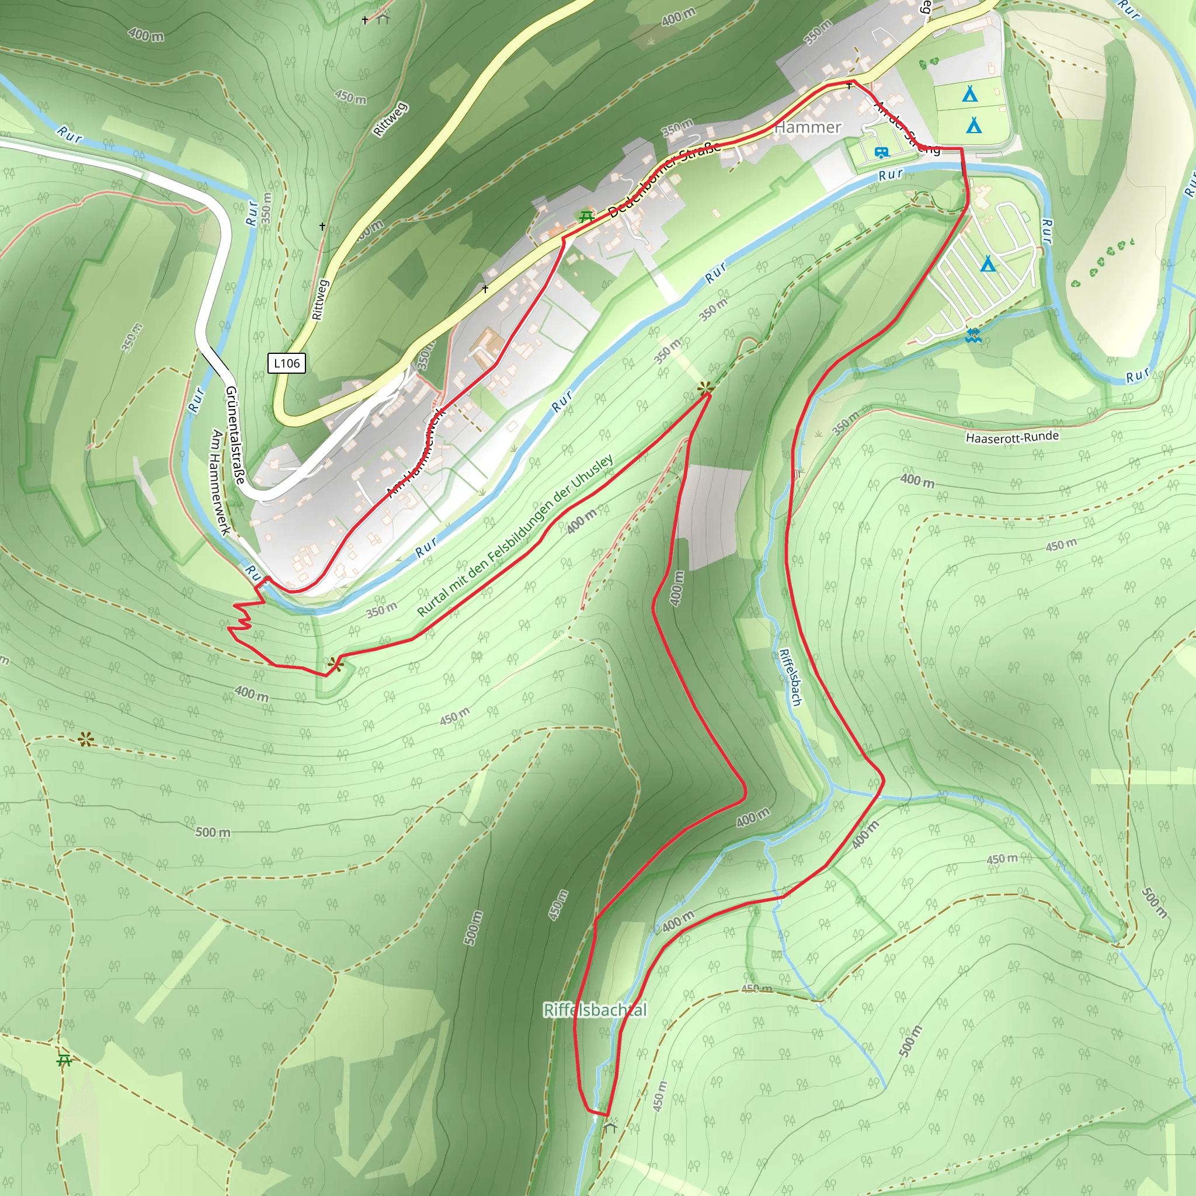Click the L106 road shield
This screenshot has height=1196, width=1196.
pyautogui.click(x=287, y=363)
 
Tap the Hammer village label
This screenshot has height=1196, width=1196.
pyautogui.click(x=808, y=127)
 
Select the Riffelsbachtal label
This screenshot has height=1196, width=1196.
pyautogui.click(x=595, y=1010)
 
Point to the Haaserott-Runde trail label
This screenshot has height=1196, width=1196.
pyautogui.click(x=1012, y=437)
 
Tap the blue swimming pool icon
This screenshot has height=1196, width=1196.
pyautogui.click(x=972, y=336)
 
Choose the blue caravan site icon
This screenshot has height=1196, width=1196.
pyautogui.click(x=881, y=152)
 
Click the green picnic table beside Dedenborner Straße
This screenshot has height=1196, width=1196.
pyautogui.click(x=586, y=218)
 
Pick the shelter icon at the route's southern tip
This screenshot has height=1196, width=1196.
pyautogui.click(x=610, y=1126)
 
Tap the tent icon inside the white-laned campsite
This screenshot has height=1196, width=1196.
pyautogui.click(x=989, y=265)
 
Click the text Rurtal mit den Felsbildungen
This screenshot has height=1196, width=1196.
pyautogui.click(x=515, y=536)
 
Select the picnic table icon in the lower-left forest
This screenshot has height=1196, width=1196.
pyautogui.click(x=64, y=1061)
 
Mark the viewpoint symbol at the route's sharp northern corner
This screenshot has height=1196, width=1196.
pyautogui.click(x=705, y=389)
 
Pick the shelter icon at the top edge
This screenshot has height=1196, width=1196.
pyautogui.click(x=384, y=19)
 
